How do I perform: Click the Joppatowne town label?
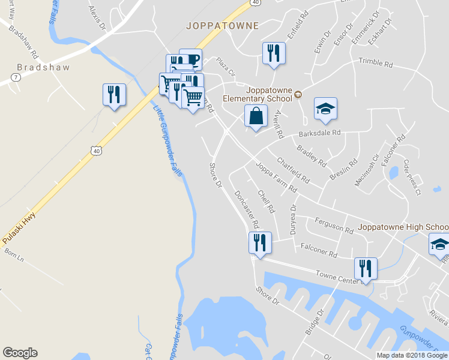[x=222, y=26]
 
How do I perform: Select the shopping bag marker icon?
[x=256, y=116]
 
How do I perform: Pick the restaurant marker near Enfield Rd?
[x=273, y=53]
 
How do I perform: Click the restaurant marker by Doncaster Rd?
[x=260, y=243]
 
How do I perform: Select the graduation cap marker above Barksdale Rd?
[x=325, y=109]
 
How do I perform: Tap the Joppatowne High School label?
[x=403, y=227]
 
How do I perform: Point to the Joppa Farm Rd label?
[x=276, y=177]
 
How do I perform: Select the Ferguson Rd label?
[x=334, y=225]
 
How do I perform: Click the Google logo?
[x=20, y=353]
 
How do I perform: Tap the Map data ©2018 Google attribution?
[x=411, y=355]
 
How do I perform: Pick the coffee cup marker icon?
[x=191, y=59]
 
